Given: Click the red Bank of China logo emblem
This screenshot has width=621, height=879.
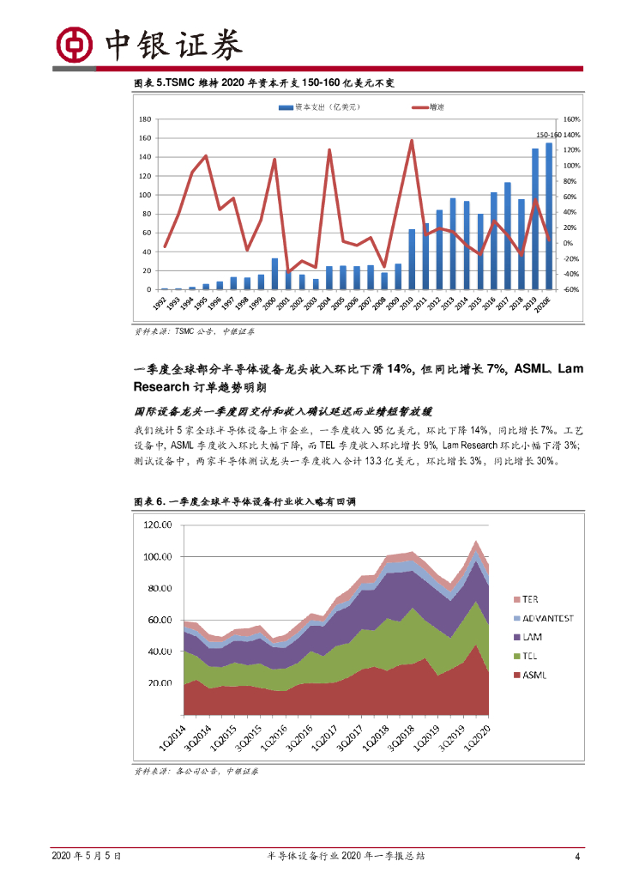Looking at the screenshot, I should point(74,45).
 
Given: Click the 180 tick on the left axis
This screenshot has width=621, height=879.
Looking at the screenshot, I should point(145,119).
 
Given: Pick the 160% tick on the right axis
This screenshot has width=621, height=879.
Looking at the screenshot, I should point(572,119).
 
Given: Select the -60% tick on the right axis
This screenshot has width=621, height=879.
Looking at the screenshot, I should point(572,290).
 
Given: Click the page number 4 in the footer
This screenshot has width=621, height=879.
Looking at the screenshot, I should point(577,856).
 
